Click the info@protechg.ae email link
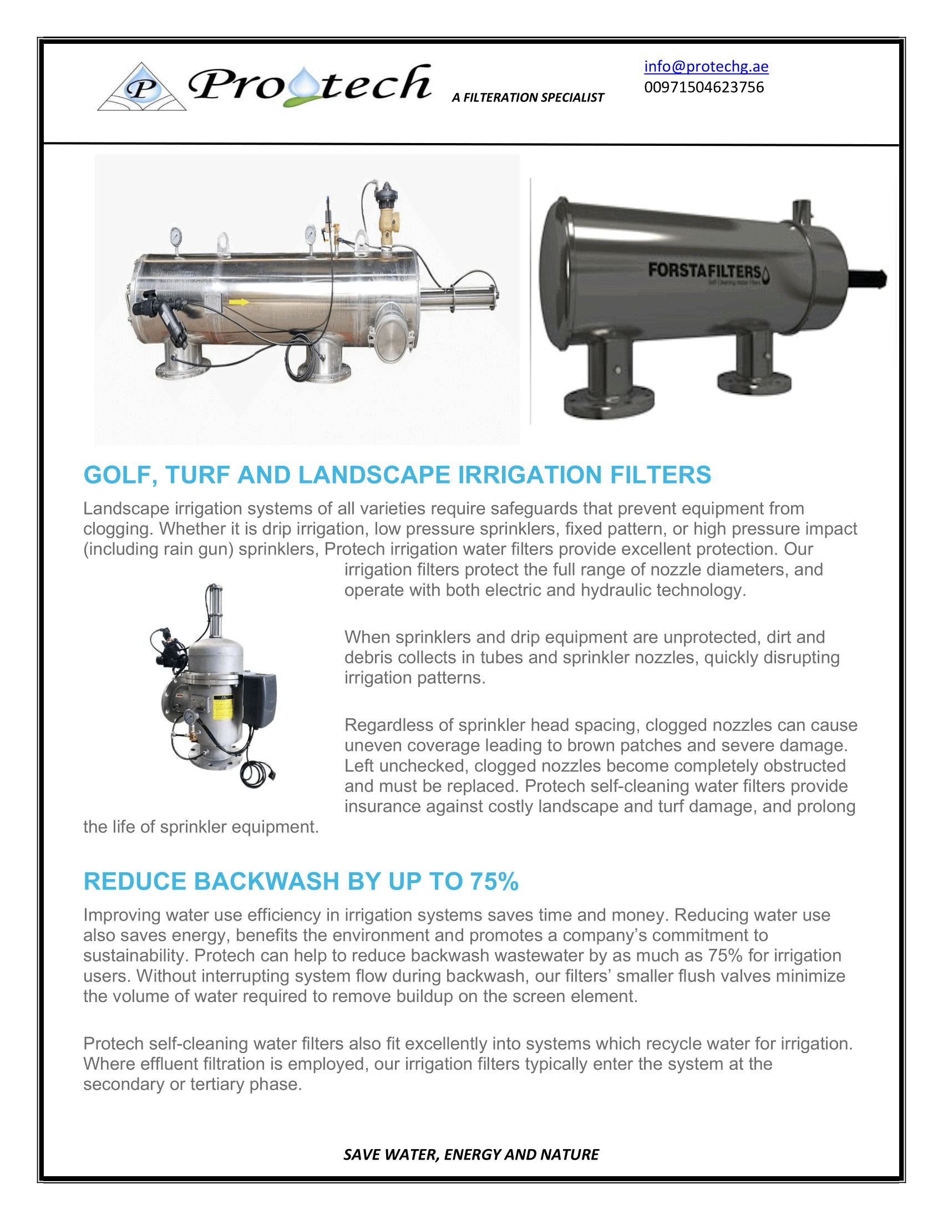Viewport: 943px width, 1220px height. point(706,67)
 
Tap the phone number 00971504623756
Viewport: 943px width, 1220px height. point(703,87)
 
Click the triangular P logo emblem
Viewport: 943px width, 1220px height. point(142,88)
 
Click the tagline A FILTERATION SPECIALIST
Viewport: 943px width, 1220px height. point(528,98)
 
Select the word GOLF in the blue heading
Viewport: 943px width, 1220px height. point(120,475)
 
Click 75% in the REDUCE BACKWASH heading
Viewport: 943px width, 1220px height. point(494,882)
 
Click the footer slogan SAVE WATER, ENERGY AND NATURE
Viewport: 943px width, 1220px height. point(471,1154)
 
